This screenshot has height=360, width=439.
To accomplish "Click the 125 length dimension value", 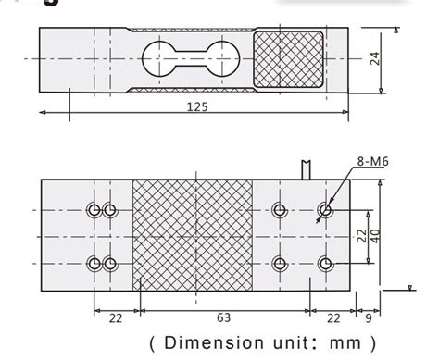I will [195, 106].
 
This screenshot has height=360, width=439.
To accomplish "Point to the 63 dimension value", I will [223, 318].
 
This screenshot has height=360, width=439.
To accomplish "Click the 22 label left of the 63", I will [116, 318].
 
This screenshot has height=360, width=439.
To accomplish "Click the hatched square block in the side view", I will [291, 58].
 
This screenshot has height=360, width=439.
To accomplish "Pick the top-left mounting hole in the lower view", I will [94, 209].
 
